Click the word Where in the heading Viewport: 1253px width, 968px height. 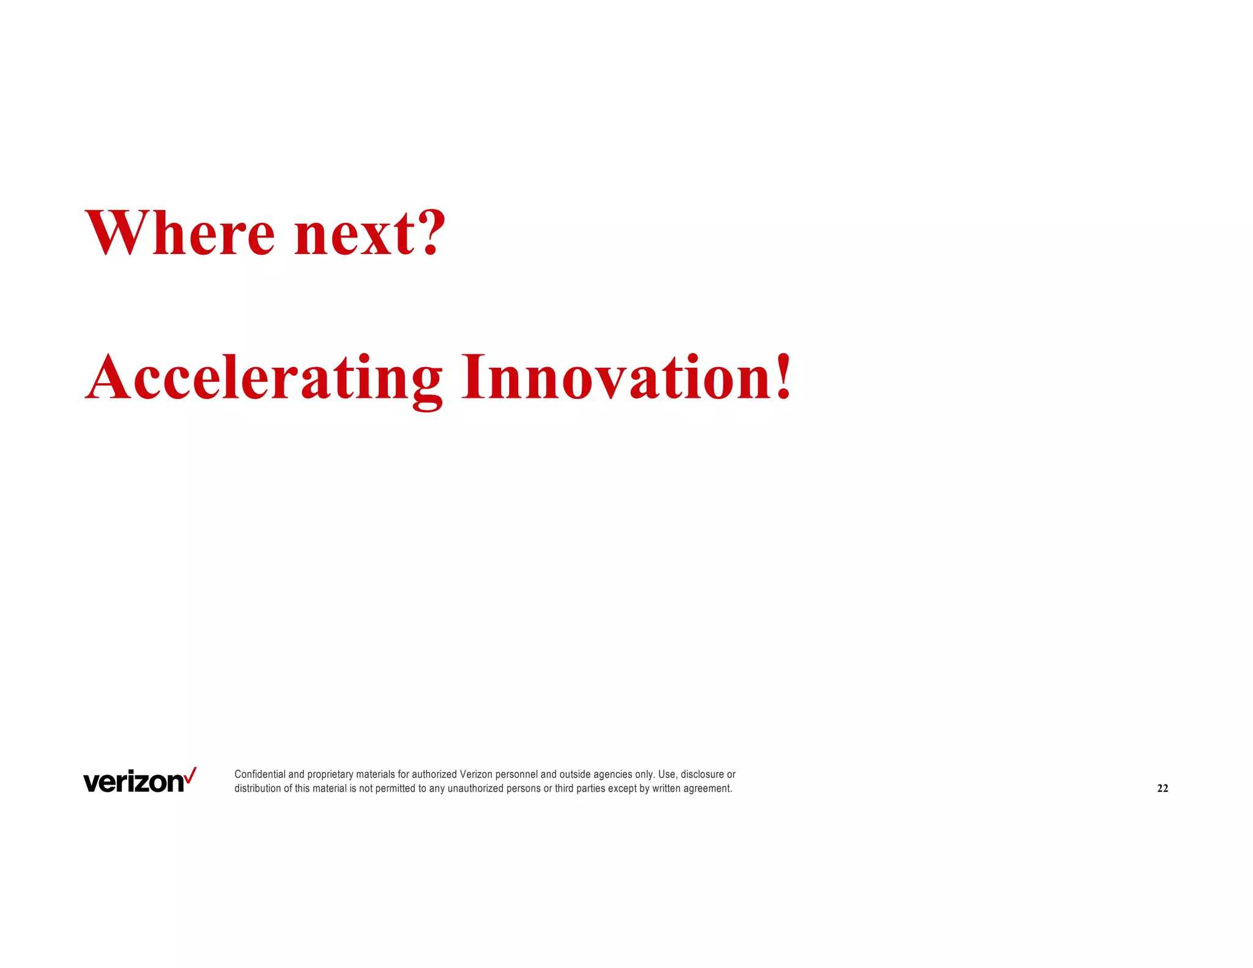point(180,233)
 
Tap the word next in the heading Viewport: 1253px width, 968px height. point(355,236)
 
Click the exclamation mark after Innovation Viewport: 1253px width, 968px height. point(783,377)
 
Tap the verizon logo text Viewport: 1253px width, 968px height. point(133,783)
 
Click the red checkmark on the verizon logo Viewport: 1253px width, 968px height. point(191,775)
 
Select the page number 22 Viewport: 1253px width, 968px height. point(1162,789)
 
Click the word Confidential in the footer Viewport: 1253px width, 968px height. point(260,775)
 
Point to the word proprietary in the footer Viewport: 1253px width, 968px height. point(330,775)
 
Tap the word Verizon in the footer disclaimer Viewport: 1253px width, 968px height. point(476,775)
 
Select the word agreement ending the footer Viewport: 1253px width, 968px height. point(707,789)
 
